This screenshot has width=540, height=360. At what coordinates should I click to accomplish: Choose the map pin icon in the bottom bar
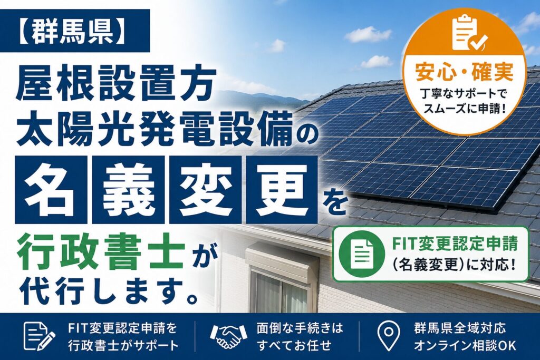tap(389, 336)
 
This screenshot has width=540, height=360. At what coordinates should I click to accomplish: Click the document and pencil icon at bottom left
tap(38, 336)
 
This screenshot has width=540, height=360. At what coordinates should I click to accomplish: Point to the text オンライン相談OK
tap(465, 345)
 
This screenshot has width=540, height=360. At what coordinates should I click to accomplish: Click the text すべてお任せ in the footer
tap(294, 345)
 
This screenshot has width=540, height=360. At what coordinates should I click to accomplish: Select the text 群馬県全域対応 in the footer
tap(460, 328)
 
